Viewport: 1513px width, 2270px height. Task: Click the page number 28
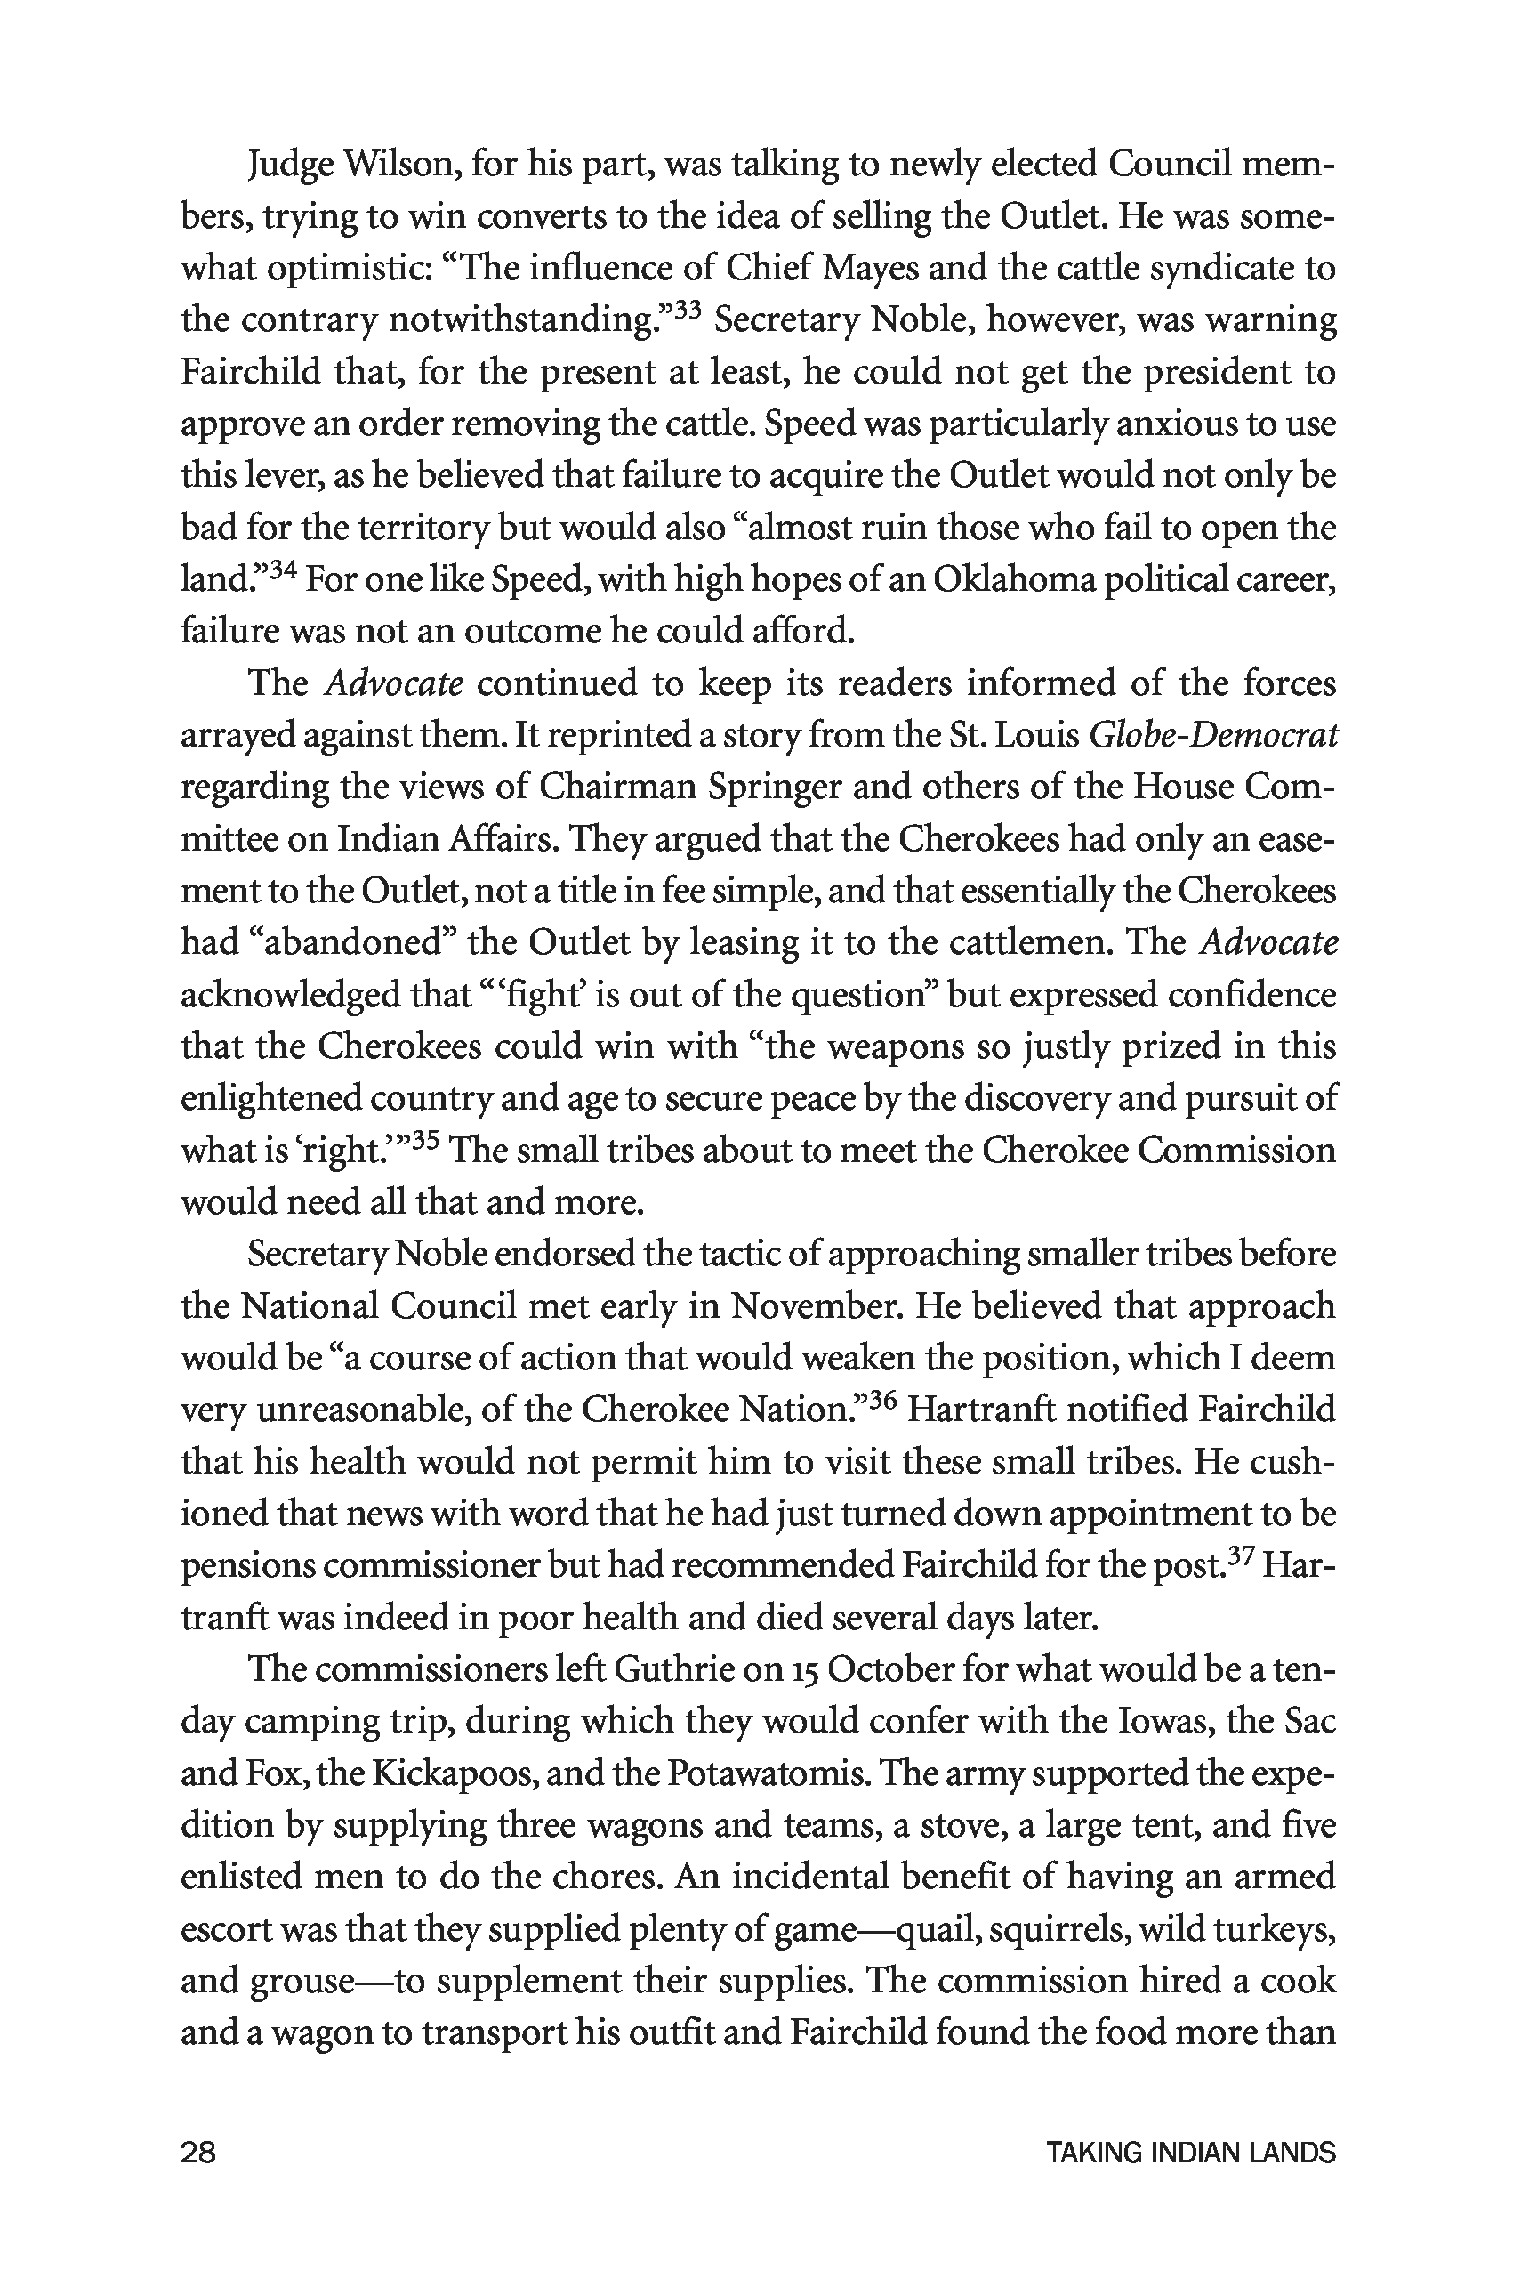(197, 2153)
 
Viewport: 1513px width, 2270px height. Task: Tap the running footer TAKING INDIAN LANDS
(1191, 2153)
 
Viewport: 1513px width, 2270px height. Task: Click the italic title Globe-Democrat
(1213, 737)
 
